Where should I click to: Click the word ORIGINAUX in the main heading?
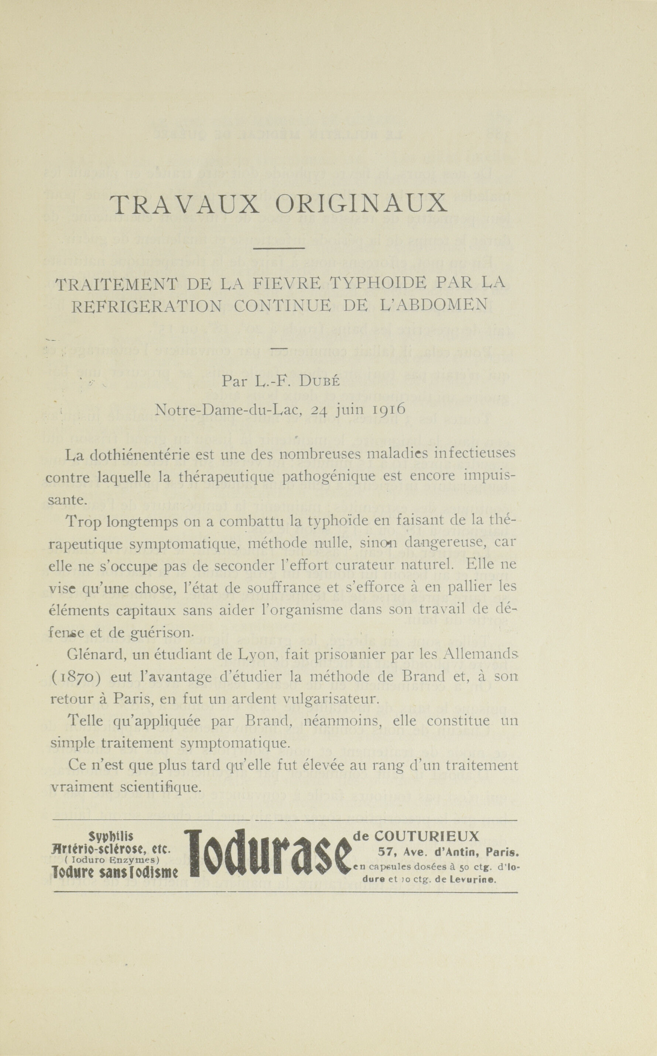(362, 203)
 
